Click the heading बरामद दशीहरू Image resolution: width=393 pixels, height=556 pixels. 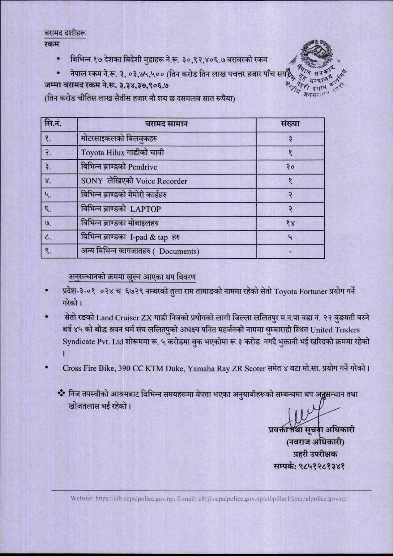click(65, 33)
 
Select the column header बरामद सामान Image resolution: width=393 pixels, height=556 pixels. click(166, 124)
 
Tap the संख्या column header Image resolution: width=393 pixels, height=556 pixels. click(290, 124)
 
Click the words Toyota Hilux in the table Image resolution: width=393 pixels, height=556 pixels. click(102, 153)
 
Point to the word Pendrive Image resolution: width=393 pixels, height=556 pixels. click(143, 167)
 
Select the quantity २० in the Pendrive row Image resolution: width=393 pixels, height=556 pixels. click(290, 167)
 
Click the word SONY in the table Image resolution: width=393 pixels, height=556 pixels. click(92, 181)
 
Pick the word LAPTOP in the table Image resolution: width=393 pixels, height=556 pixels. click(145, 209)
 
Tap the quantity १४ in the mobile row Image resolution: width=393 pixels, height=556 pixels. click(290, 223)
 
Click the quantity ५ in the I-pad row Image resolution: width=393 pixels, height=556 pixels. click(290, 237)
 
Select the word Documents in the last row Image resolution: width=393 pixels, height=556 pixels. click(179, 251)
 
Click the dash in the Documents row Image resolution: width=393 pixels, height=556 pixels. click(290, 251)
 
